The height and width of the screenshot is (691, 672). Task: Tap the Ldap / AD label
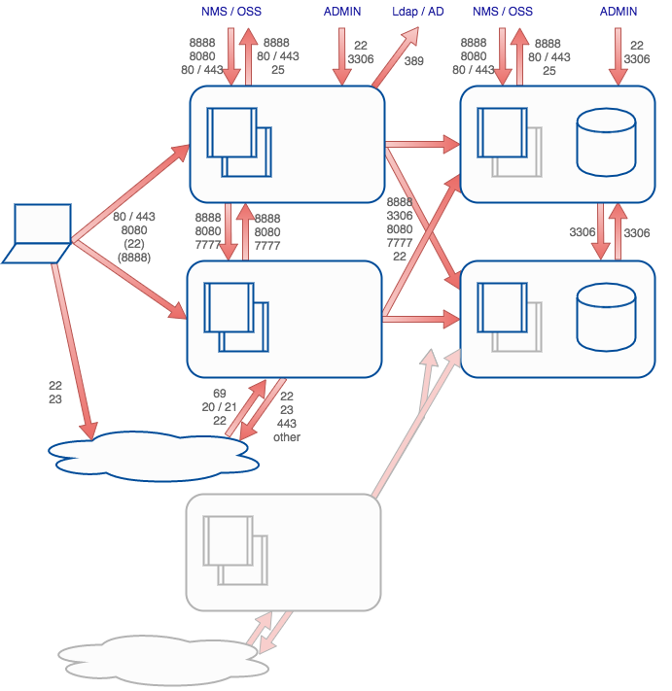(x=417, y=12)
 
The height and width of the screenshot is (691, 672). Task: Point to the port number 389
(x=414, y=61)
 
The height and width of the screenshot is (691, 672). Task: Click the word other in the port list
(x=287, y=437)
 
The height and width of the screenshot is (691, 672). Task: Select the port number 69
(x=220, y=394)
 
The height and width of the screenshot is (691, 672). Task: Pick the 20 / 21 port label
(x=220, y=407)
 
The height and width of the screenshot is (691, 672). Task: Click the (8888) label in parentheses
(x=134, y=258)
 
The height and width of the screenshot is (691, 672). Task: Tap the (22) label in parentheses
(x=134, y=244)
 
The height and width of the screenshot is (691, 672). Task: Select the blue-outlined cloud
(x=154, y=455)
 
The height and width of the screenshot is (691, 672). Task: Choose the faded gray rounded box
(x=283, y=552)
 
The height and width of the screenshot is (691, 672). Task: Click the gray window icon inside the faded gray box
(x=234, y=550)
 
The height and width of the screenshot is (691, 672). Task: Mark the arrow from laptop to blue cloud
(x=73, y=350)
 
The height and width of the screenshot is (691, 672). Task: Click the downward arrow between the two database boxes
(x=601, y=231)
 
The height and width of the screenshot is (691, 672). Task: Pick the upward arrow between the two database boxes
(x=615, y=231)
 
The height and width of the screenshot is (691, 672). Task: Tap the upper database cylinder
(x=606, y=143)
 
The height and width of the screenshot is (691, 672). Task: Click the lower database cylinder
(x=606, y=318)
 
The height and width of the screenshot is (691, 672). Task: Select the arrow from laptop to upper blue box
(x=130, y=190)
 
